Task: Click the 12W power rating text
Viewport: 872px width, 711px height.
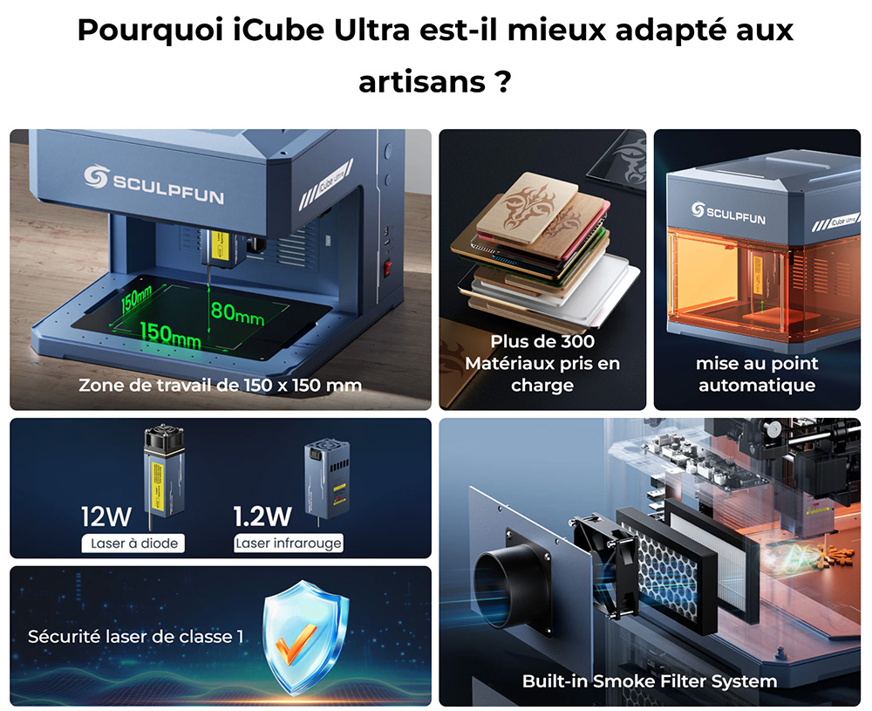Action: click(x=106, y=516)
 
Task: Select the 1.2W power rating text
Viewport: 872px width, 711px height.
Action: click(x=262, y=516)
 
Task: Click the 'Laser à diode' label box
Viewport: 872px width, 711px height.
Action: click(x=134, y=544)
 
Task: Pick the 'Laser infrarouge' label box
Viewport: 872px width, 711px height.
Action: click(x=289, y=544)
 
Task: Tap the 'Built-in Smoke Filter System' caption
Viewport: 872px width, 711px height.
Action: click(x=650, y=680)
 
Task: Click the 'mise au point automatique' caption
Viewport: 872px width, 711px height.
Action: click(x=757, y=373)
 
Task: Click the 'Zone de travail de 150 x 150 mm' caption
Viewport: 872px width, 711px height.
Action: click(x=220, y=385)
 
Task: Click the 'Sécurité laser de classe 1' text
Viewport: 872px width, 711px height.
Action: click(x=135, y=637)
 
